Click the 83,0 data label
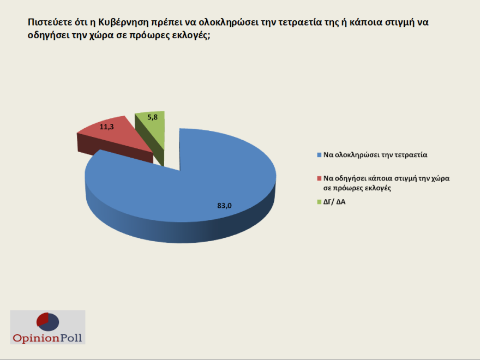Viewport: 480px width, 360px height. (224, 206)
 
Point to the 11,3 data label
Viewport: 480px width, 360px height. (106, 127)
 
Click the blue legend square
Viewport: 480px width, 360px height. (319, 154)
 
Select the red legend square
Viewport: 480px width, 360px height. (319, 178)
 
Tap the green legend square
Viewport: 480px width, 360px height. (319, 202)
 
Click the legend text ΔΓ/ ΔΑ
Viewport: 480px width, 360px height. (335, 202)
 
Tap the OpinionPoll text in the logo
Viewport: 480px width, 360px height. (48, 338)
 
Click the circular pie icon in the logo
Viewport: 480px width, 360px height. (47, 321)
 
